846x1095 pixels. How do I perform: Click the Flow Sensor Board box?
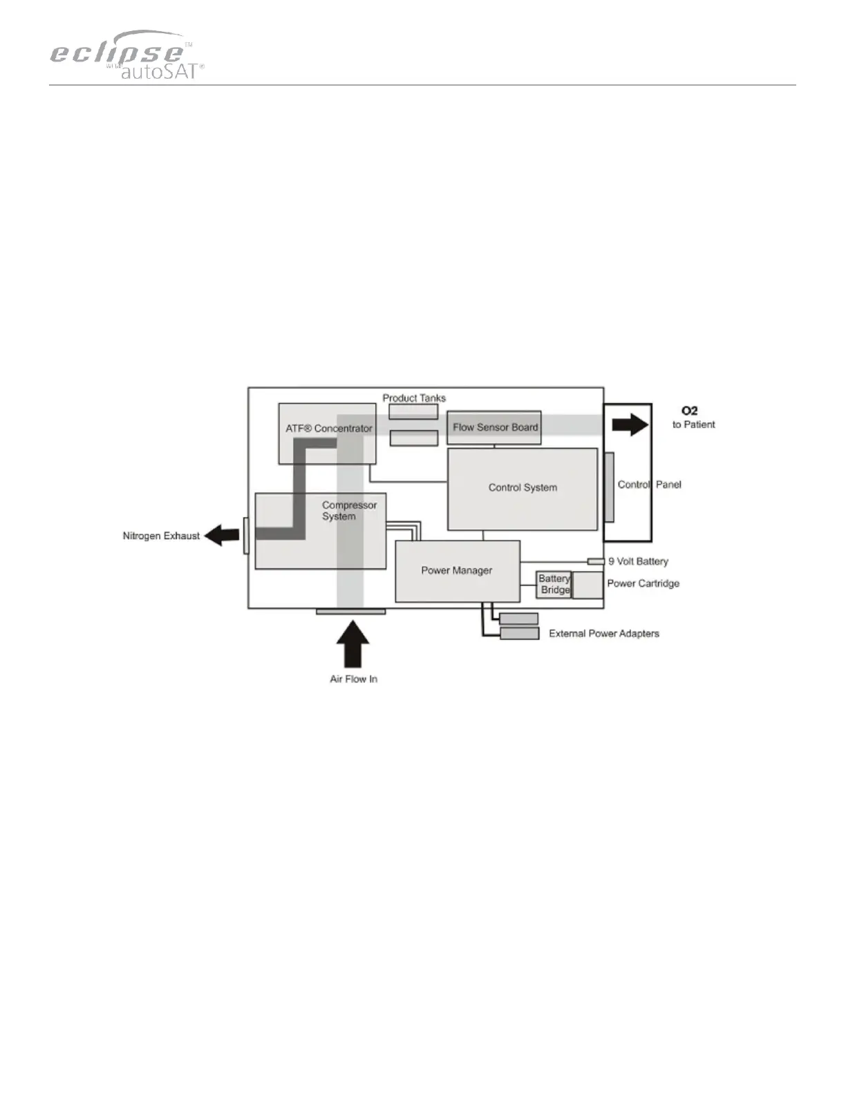495,428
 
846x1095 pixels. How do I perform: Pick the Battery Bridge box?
554,585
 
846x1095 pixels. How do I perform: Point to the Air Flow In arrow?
353,644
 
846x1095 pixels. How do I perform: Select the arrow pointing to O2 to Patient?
630,424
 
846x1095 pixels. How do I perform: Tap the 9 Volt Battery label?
638,561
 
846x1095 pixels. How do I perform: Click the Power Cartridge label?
643,583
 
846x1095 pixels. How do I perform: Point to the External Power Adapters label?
604,633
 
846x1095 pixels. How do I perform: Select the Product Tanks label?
414,398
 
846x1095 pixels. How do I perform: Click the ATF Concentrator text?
329,429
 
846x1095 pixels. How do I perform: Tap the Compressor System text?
349,511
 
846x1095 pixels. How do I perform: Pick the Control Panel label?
649,485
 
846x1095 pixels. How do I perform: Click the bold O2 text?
689,411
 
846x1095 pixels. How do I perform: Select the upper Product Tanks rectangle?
413,412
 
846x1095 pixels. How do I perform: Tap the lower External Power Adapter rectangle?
519,633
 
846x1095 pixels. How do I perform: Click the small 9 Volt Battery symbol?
596,561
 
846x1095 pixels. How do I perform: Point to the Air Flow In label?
353,679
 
